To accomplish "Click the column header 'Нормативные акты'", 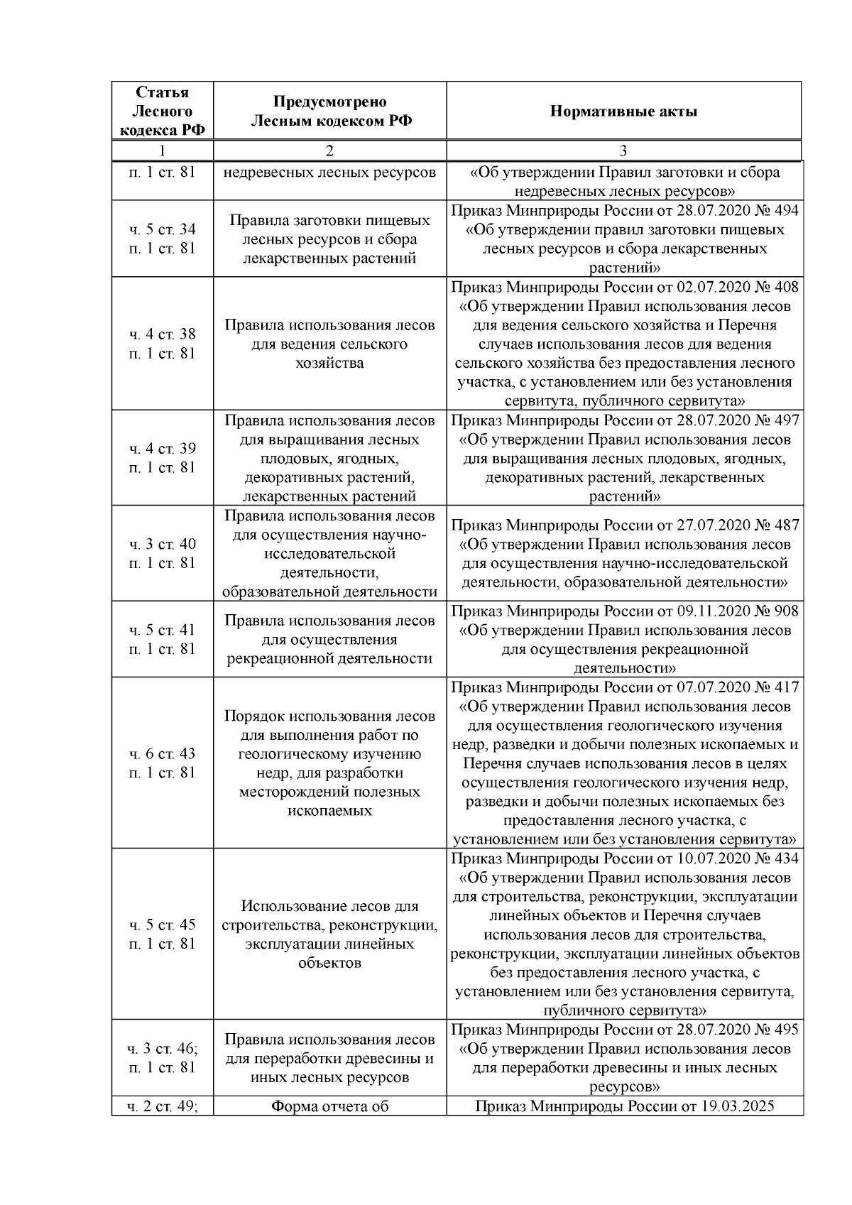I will (623, 111).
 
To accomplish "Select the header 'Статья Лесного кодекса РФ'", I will (163, 111).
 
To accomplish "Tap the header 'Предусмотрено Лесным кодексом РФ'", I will (329, 111).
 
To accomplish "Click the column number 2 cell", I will (329, 151).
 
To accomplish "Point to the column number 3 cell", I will (623, 151).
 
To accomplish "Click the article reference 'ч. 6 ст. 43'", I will (163, 753).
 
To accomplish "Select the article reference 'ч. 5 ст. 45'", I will (163, 925).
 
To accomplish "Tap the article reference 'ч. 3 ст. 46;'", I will (163, 1049).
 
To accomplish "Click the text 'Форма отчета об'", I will (329, 1106).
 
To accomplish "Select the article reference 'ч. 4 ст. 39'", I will (163, 449).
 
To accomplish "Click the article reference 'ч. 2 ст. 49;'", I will (163, 1106).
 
